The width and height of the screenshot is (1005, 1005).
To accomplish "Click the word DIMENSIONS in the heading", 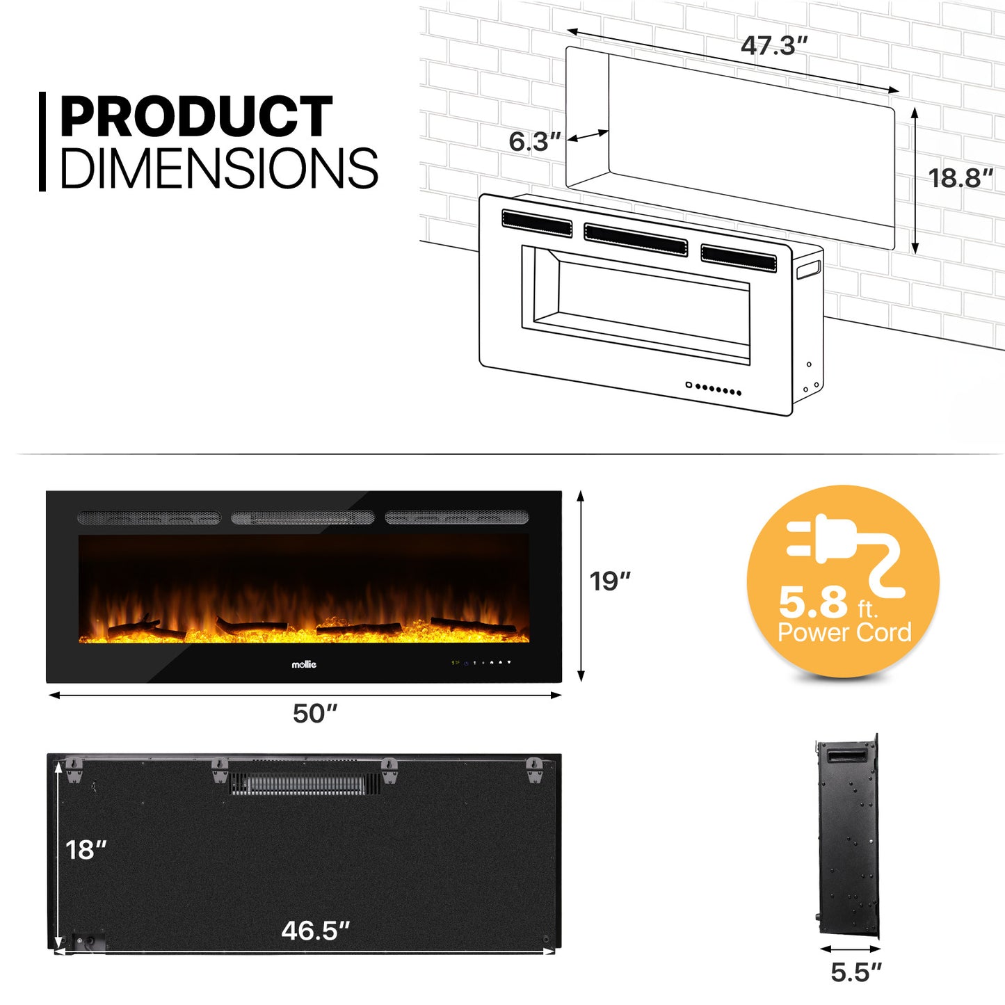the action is click(x=219, y=168).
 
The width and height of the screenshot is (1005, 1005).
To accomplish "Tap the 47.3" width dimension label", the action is click(x=774, y=45).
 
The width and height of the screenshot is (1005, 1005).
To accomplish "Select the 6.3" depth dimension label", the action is click(x=535, y=142).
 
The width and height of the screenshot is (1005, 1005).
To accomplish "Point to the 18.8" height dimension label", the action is click(x=960, y=178).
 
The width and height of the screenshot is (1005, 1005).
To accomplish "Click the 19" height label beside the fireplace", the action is click(x=610, y=581).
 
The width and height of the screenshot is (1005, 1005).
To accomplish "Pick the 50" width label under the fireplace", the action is click(x=315, y=714).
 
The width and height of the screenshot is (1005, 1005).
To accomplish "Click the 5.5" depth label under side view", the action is click(x=856, y=972).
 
